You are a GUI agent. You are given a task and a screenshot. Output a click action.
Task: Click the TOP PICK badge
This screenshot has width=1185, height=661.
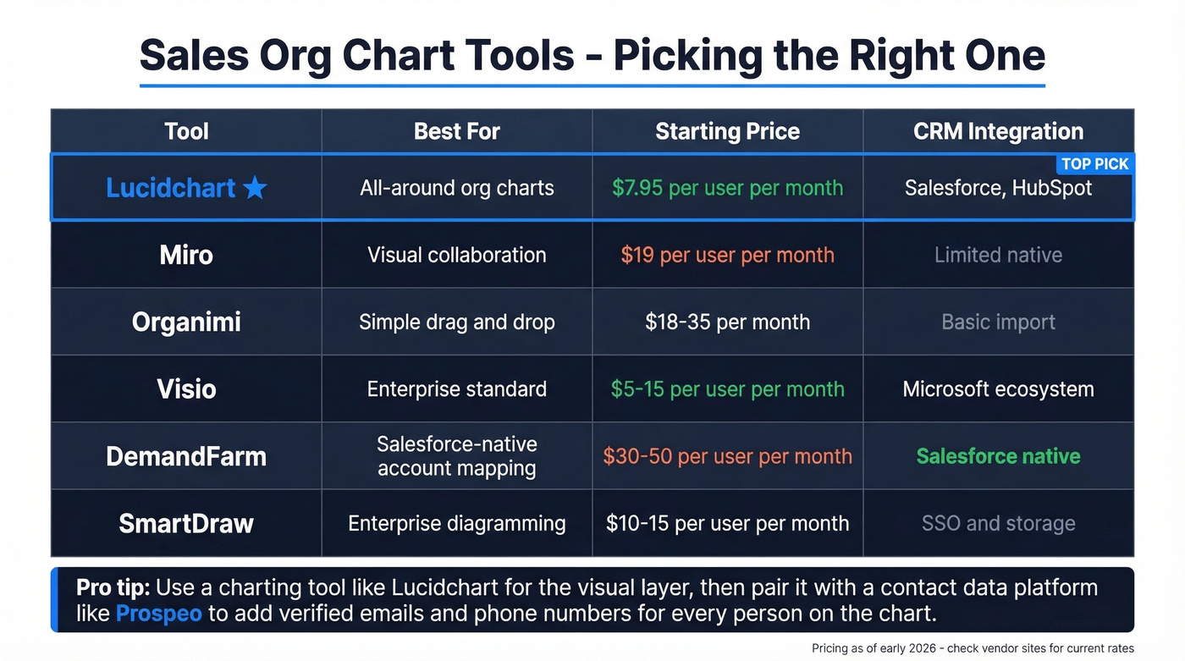pos(1095,164)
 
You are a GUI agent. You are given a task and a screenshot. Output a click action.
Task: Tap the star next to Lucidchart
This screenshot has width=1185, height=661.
pos(255,188)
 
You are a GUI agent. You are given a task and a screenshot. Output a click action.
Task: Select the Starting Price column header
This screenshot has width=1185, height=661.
pos(727,131)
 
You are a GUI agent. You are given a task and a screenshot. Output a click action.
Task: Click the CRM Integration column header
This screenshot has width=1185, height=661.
pos(998,131)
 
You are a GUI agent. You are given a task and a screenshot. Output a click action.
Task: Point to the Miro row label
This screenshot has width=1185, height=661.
pos(186,255)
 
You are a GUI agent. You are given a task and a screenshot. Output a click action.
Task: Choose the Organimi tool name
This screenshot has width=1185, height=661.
pos(186,322)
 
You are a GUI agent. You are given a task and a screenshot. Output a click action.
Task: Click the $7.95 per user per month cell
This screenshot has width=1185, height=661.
pos(727,188)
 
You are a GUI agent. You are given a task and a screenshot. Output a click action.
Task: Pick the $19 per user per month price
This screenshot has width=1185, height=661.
pos(727,255)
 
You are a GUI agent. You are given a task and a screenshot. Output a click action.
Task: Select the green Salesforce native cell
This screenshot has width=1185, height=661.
pos(998,456)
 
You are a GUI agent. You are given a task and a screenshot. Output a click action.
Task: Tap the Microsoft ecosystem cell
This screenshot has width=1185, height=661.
pos(998,389)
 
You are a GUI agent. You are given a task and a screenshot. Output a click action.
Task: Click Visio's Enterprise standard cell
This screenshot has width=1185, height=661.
pos(456,389)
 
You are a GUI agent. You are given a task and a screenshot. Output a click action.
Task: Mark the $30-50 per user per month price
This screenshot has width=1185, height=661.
pos(727,456)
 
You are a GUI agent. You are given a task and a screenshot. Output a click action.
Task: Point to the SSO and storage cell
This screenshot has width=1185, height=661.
pos(998,523)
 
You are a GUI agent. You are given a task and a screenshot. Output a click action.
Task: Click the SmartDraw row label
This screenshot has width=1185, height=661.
pos(186,523)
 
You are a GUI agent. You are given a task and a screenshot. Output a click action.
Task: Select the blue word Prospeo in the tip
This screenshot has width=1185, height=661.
pos(158,613)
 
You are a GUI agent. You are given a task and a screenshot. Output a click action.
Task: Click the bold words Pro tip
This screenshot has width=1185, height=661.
pos(113,587)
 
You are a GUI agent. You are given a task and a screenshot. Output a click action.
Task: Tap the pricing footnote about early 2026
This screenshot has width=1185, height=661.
pos(973,648)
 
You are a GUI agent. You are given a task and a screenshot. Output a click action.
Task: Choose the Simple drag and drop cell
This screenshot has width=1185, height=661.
pos(456,322)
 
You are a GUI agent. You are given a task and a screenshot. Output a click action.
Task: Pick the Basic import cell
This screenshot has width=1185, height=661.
pos(998,322)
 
